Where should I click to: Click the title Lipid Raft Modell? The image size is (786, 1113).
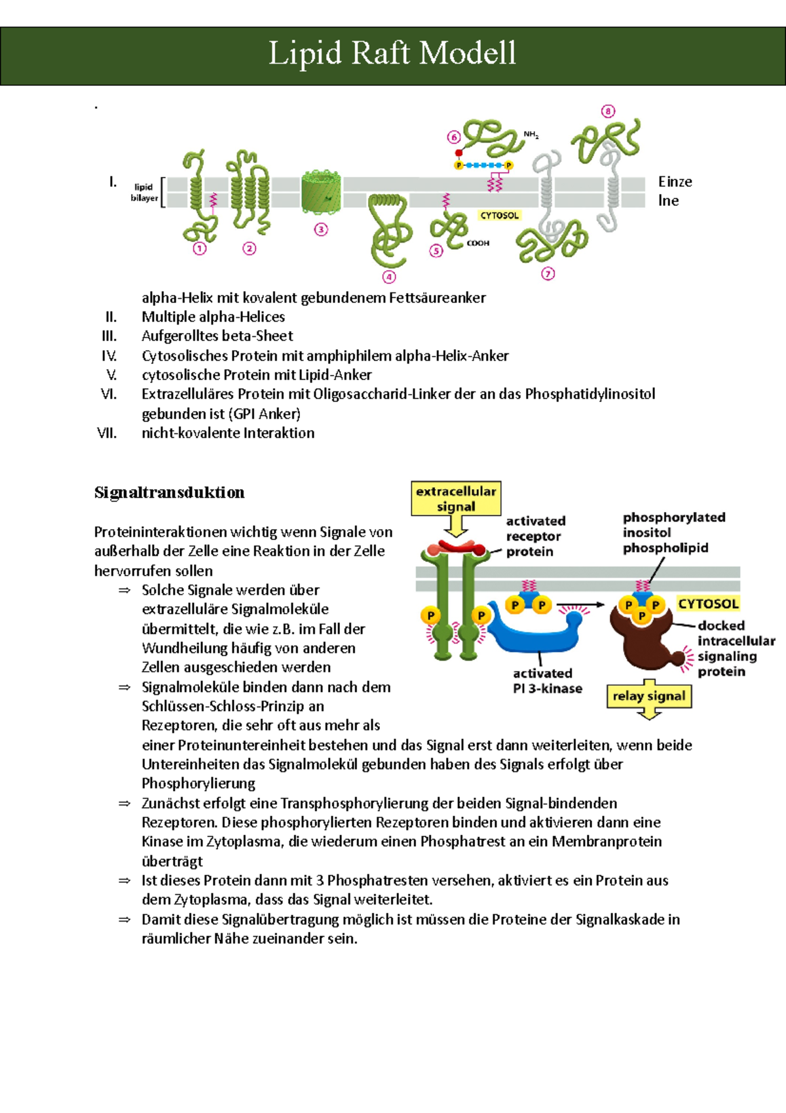click(392, 54)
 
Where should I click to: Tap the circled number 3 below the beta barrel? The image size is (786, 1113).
click(320, 230)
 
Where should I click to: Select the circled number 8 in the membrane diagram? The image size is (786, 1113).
click(608, 111)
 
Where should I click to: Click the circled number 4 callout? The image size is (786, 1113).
click(389, 277)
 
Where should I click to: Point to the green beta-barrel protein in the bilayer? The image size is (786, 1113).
click(321, 192)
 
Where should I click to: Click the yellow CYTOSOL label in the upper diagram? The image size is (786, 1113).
click(499, 216)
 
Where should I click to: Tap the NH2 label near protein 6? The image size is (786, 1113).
click(531, 135)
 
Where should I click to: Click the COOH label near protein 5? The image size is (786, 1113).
click(477, 243)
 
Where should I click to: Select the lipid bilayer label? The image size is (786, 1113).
click(143, 192)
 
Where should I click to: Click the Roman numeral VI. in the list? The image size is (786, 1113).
click(109, 394)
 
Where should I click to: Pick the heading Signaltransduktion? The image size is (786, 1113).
click(169, 492)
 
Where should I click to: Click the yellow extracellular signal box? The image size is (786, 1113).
click(456, 499)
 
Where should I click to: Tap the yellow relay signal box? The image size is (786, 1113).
click(648, 696)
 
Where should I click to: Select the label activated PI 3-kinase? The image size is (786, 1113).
click(547, 681)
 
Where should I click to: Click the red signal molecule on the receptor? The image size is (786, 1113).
click(457, 546)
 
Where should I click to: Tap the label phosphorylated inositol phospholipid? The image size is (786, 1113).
click(673, 532)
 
